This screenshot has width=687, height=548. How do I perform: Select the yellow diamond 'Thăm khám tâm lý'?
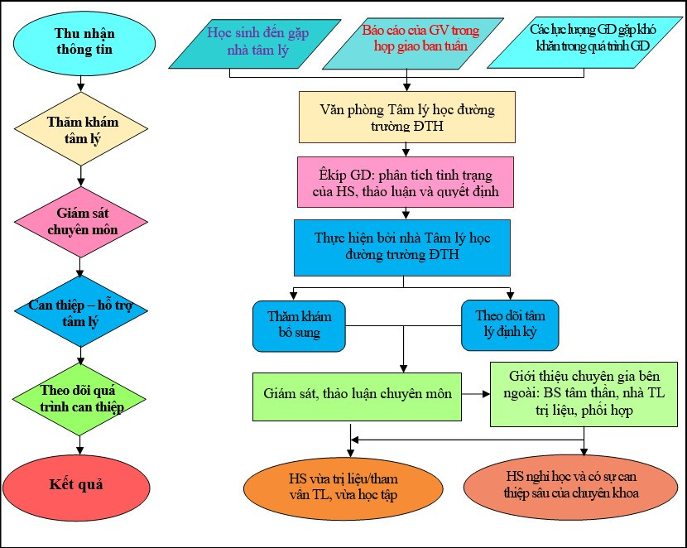click(81, 129)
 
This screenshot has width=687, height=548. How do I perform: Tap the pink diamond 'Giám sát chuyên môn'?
click(81, 222)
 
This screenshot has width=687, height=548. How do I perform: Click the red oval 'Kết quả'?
click(80, 484)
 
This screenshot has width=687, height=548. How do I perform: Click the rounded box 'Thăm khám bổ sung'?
click(299, 325)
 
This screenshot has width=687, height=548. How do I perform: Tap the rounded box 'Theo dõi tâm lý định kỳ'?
click(510, 325)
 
